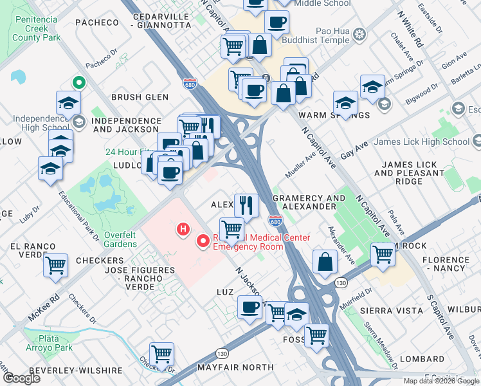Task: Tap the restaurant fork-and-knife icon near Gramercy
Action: [246, 205]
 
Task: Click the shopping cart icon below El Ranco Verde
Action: [56, 264]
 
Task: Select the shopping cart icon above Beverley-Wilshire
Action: [161, 353]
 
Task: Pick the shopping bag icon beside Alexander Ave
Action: [325, 261]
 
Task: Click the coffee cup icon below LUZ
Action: [250, 307]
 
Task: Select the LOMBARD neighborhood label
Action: [422, 358]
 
